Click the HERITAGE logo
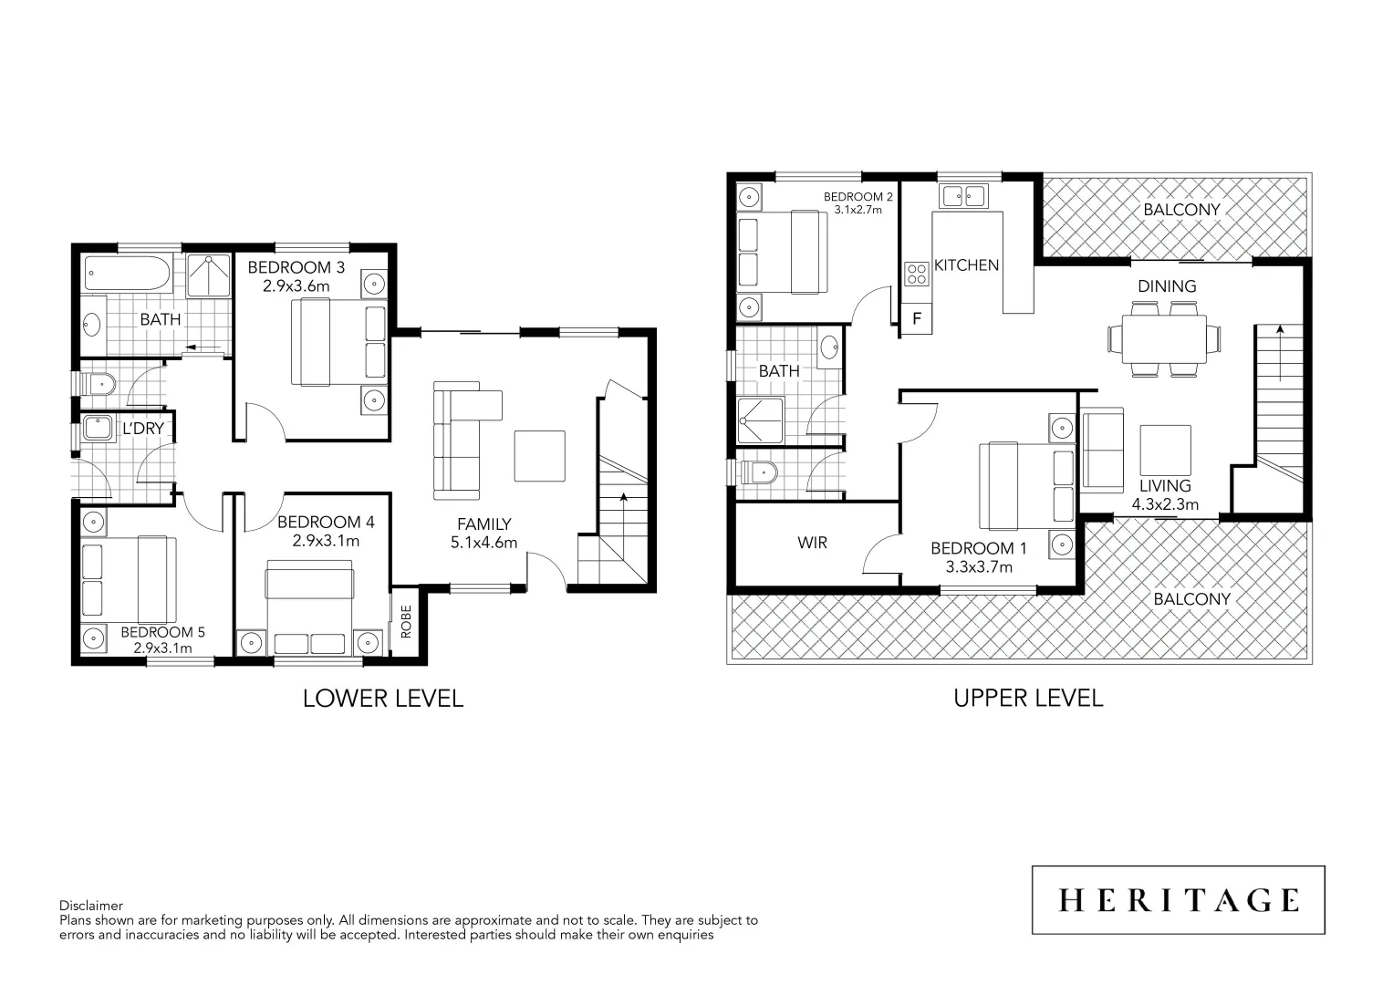pyautogui.click(x=1178, y=900)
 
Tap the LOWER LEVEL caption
pyautogui.click(x=383, y=699)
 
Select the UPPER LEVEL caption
pyautogui.click(x=1028, y=699)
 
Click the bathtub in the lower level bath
pyautogui.click(x=128, y=274)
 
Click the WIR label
pyautogui.click(x=812, y=543)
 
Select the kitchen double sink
pyautogui.click(x=964, y=195)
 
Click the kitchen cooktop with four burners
pyautogui.click(x=916, y=274)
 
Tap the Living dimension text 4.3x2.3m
pyautogui.click(x=1165, y=504)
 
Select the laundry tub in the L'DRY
pyautogui.click(x=97, y=428)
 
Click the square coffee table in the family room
pyautogui.click(x=539, y=456)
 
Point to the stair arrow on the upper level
pyautogui.click(x=1280, y=351)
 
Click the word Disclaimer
pyautogui.click(x=91, y=906)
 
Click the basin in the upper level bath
pyautogui.click(x=829, y=347)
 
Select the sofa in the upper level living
pyautogui.click(x=1102, y=451)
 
